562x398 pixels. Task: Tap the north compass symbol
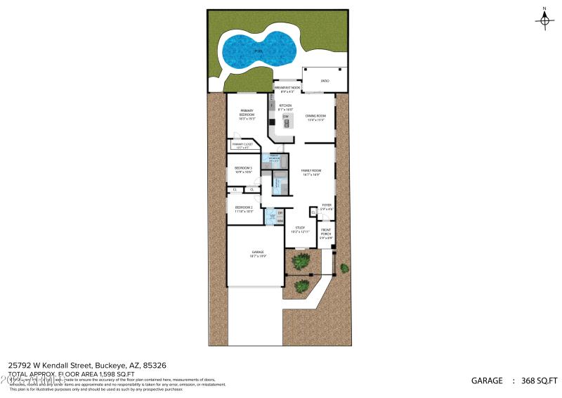(544, 20)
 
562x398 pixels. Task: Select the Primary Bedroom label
(247, 113)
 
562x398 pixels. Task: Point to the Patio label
(325, 82)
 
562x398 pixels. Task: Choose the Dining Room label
(316, 117)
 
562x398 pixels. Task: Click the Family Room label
(311, 172)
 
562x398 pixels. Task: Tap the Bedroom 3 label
(243, 169)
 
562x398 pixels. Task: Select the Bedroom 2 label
(244, 209)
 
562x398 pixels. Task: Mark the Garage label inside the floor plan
(257, 254)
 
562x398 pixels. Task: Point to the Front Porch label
(326, 233)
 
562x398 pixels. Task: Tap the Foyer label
(327, 207)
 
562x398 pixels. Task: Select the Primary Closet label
(243, 146)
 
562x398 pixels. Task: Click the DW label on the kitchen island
(286, 117)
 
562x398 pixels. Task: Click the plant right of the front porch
(344, 268)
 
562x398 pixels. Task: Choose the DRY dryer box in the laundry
(280, 213)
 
